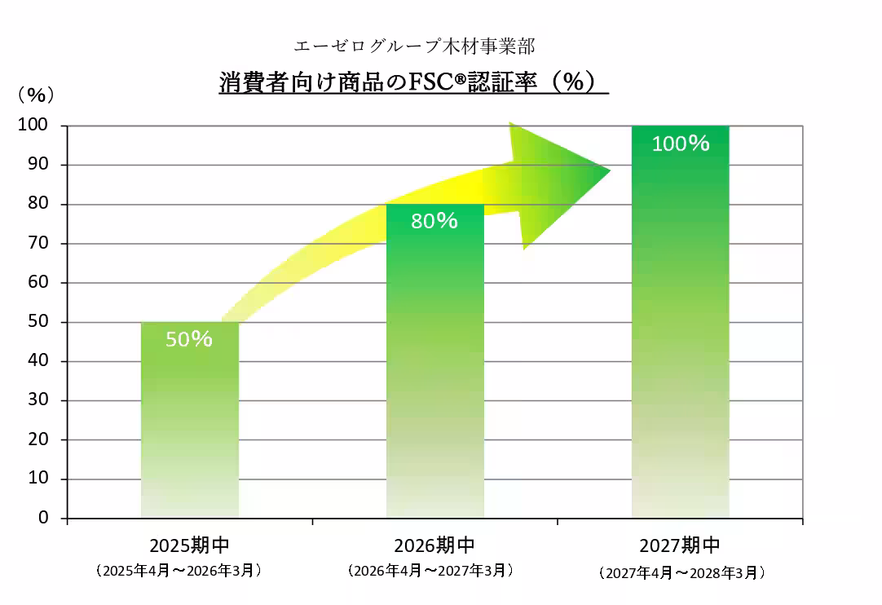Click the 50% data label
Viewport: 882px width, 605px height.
coord(189,339)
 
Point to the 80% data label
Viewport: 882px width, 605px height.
coord(434,221)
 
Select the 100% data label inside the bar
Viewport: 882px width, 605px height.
coord(681,144)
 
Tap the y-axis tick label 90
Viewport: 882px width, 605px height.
coord(37,165)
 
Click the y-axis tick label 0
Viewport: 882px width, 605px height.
coord(43,518)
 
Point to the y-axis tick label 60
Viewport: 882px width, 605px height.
coord(37,283)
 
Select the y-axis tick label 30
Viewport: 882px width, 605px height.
coord(37,400)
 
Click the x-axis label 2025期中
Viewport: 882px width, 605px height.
coord(190,545)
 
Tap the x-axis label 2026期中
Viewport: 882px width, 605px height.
coord(434,545)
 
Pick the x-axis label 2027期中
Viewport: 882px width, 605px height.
coord(680,545)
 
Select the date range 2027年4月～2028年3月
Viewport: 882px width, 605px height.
coord(681,573)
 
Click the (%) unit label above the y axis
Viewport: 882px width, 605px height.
coord(36,95)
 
